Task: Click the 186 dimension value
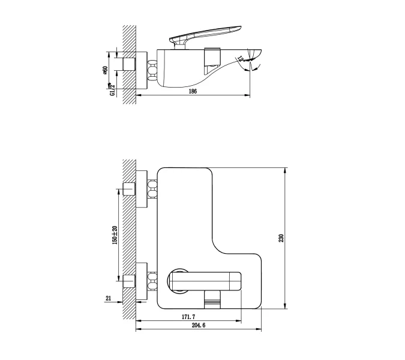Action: click(x=193, y=91)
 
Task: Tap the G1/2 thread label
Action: click(x=112, y=89)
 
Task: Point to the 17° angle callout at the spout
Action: click(x=241, y=59)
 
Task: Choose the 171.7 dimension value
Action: click(x=189, y=316)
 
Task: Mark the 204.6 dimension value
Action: click(x=197, y=326)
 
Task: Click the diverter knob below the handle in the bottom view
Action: click(x=212, y=296)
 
